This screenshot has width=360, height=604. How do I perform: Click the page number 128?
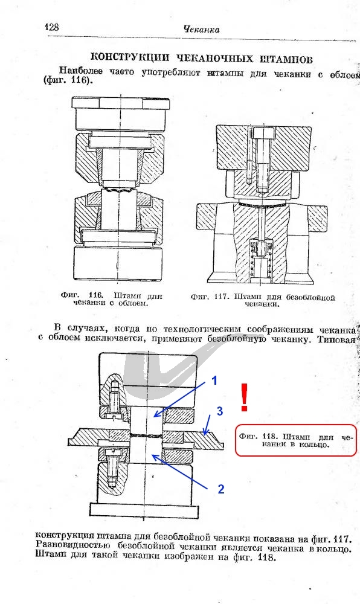coord(52,27)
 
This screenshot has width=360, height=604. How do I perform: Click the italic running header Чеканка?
coord(201,29)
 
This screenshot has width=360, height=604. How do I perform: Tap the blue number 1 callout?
coord(214,381)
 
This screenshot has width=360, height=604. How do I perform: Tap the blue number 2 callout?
coord(221,489)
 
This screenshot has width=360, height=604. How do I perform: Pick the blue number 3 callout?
coord(219,411)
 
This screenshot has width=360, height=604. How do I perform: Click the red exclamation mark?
coord(244,397)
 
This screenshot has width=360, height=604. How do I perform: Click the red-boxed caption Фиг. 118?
coord(296,440)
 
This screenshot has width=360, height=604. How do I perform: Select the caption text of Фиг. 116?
coord(111,300)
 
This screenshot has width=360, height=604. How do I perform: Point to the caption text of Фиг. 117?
coord(263,300)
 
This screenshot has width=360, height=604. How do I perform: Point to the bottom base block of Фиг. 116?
coord(117,264)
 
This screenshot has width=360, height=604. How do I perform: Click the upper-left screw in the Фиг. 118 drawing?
coord(114,398)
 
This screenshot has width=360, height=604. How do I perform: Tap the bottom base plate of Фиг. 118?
coord(144,510)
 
